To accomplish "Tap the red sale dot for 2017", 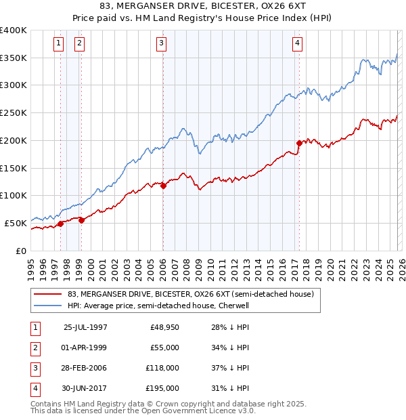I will click(x=299, y=143).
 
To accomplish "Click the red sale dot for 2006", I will click(x=163, y=185).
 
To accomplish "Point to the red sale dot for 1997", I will click(x=60, y=224).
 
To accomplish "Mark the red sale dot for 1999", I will click(x=81, y=219).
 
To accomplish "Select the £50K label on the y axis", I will click(x=16, y=223).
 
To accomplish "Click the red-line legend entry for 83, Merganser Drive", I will click(x=190, y=295).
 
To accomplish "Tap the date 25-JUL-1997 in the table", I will click(x=85, y=327).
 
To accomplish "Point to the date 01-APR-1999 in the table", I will click(x=85, y=348).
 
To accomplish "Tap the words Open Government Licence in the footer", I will click(x=197, y=411).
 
